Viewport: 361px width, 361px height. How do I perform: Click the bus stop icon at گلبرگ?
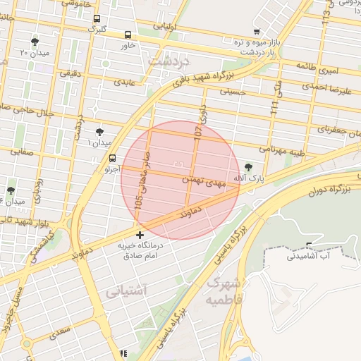pyautogui.click(x=97, y=19)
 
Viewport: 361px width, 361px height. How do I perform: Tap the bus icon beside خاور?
pyautogui.click(x=128, y=35)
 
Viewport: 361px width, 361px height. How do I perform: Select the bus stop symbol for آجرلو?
pyautogui.click(x=112, y=158)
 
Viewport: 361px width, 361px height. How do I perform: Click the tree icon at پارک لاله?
pyautogui.click(x=248, y=167)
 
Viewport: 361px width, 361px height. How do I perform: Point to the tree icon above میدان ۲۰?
pyautogui.click(x=35, y=42)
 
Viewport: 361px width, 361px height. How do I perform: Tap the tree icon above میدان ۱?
pyautogui.click(x=99, y=132)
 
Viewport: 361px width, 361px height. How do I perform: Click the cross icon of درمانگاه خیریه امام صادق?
pyautogui.click(x=140, y=235)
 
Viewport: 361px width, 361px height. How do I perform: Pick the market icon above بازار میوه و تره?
pyautogui.click(x=256, y=32)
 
